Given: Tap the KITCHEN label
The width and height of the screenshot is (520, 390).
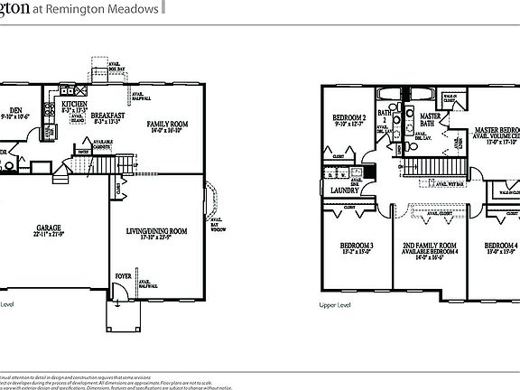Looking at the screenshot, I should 74,105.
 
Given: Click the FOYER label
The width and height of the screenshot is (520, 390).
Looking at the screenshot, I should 122,276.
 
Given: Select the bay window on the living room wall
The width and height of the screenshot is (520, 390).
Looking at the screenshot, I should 213,204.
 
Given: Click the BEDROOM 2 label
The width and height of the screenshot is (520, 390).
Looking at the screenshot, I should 348,118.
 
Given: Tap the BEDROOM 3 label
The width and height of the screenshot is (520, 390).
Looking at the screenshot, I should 357,246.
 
